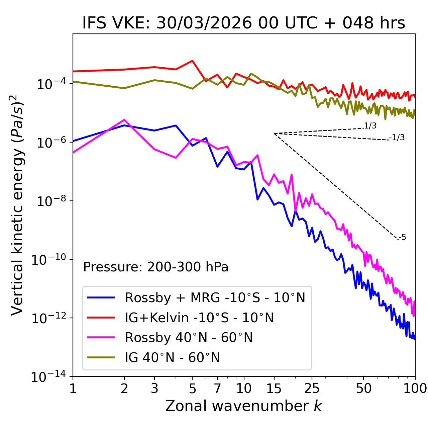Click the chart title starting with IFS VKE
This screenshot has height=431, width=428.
coord(244,23)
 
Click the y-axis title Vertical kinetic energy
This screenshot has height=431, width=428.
coord(18,205)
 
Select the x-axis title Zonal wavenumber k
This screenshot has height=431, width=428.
coord(244,406)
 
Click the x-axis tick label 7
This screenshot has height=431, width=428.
coord(217,389)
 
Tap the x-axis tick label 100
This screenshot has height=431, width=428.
coord(415,389)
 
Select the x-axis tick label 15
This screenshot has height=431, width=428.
coord(274,389)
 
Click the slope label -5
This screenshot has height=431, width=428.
coord(402,238)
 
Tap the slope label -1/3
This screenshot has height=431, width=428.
coord(397,138)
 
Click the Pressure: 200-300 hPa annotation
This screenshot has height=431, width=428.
coord(155,267)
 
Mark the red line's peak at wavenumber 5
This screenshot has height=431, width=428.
coord(192,61)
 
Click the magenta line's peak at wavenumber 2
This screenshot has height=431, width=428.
coord(124,120)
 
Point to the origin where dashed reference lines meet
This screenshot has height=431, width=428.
coord(274,134)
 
